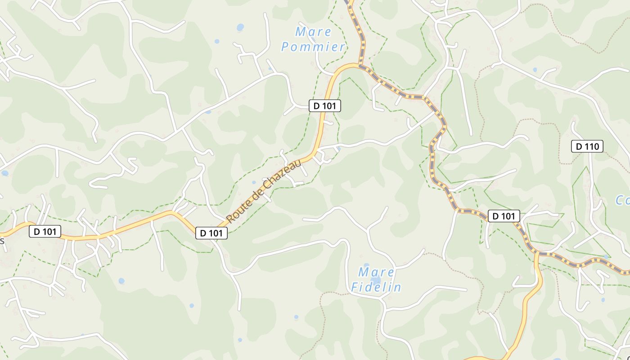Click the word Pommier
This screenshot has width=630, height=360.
pos(313,47)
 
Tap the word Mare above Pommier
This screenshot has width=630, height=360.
pos(313,32)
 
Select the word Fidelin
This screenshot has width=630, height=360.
pos(376,287)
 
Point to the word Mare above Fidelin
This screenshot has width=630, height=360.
pos(376,272)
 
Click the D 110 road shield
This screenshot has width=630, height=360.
pos(587,146)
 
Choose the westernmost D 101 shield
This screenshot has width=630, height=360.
pos(45,232)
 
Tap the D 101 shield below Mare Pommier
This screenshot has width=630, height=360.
pos(325,106)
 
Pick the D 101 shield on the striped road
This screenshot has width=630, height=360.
pos(504,216)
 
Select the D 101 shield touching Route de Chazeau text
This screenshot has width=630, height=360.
pos(211,233)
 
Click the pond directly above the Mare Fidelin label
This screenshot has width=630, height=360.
pos(366,266)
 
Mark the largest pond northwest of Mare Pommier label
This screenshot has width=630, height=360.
pos(240,27)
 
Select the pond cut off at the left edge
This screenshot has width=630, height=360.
pos(4,173)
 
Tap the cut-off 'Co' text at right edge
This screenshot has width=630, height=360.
pos(623,200)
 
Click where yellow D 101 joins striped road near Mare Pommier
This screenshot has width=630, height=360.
pos(360,65)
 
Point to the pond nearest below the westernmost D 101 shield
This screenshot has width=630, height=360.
pos(121,281)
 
